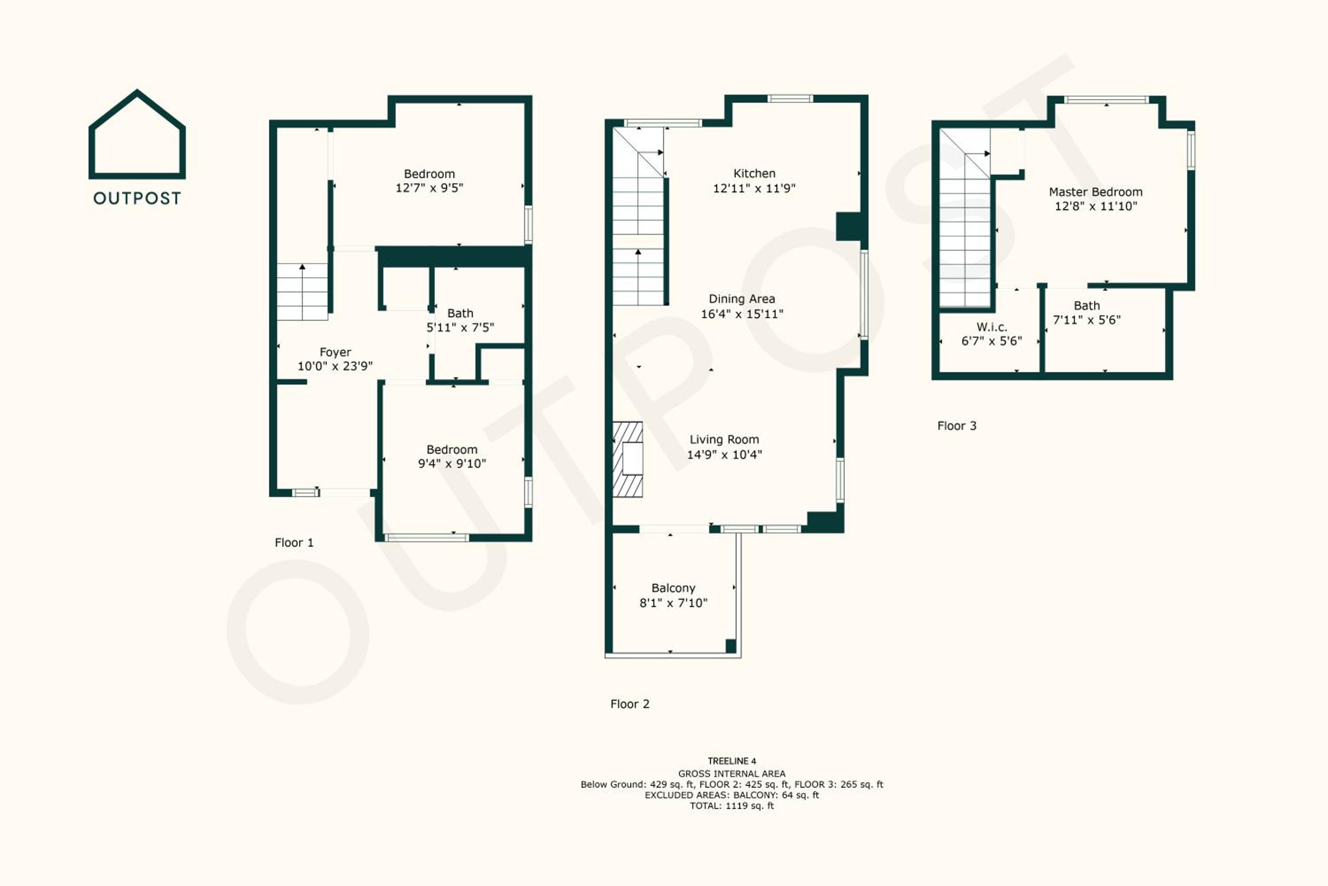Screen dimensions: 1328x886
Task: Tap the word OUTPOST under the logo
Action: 137,198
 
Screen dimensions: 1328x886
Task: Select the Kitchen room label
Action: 754,174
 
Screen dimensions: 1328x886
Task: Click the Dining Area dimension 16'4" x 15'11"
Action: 742,314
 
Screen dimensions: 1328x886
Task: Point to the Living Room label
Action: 724,439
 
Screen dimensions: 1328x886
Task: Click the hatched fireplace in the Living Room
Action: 628,459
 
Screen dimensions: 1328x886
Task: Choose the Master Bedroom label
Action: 1095,192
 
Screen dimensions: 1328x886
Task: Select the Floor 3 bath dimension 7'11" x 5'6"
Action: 1087,320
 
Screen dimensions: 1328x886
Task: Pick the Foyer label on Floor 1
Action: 336,352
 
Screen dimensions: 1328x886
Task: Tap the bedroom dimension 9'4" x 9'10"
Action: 452,463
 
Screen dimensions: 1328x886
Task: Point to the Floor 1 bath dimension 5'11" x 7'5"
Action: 460,327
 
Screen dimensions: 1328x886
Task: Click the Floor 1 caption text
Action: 293,542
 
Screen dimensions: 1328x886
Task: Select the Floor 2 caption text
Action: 629,704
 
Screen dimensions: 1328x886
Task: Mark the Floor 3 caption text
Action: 957,426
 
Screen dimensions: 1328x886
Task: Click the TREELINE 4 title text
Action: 732,761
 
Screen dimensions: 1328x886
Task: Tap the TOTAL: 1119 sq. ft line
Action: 732,806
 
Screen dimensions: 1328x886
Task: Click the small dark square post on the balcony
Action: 731,646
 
